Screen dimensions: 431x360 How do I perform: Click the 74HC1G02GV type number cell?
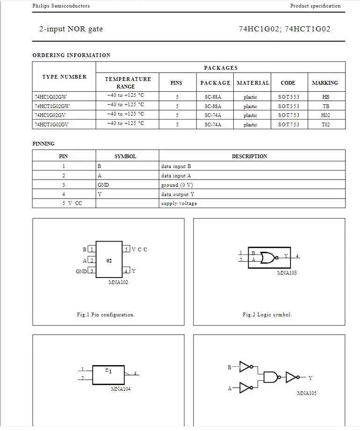point(51,115)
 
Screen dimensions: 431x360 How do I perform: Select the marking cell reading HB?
point(325,97)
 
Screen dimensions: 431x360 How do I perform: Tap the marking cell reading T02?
point(325,124)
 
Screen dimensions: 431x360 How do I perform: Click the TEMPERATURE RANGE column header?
point(127,83)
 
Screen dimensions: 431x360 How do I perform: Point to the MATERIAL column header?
point(253,83)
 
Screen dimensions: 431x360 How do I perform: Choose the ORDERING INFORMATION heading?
point(72,55)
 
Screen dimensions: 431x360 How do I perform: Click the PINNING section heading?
point(43,144)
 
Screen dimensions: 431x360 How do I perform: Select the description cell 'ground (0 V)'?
point(177,185)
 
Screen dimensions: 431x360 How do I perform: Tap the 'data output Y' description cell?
point(178,194)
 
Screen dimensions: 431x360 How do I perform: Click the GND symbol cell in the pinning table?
point(103,185)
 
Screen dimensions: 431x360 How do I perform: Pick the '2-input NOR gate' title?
point(71,29)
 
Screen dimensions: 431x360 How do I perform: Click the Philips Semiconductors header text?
point(61,6)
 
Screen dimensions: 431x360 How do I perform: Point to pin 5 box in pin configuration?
point(126,249)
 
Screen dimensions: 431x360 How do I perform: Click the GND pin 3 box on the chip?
point(92,271)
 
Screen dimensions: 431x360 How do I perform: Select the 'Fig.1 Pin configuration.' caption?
point(106,314)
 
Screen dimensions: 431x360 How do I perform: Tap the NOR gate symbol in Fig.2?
point(268,257)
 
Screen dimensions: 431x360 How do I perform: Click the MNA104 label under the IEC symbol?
point(121,389)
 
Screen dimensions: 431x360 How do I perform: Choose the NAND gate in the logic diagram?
point(270,377)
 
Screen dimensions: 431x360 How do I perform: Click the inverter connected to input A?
point(246,387)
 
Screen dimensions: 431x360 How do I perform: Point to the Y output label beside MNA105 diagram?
point(310,378)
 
